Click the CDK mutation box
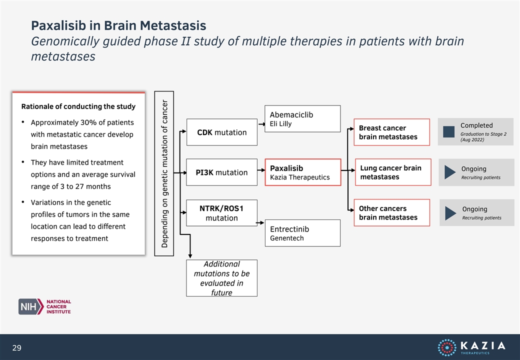(222, 132)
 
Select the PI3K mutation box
(221, 172)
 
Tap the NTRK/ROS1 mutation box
(221, 213)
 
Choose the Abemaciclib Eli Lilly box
(302, 118)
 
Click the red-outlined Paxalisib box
(303, 172)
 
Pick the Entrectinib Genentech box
(303, 233)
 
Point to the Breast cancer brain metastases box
(391, 132)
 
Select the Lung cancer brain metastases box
(393, 172)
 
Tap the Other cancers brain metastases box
(391, 213)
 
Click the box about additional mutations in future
(221, 278)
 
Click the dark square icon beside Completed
(448, 131)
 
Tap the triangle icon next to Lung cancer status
(450, 172)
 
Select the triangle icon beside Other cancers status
(450, 213)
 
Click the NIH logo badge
(31, 306)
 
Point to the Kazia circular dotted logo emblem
(447, 347)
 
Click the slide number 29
(16, 347)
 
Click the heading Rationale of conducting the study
(78, 106)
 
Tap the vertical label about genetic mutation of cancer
(164, 173)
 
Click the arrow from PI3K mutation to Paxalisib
(261, 170)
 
